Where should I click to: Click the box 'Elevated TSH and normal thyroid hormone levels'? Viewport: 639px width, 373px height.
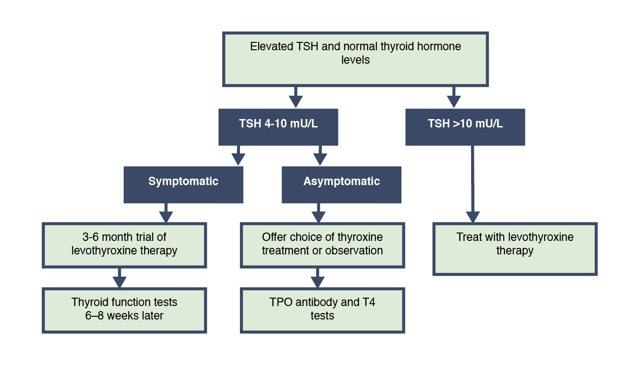(355, 59)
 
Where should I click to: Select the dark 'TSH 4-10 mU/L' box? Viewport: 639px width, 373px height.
(278, 127)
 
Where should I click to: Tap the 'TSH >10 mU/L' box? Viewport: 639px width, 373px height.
(465, 127)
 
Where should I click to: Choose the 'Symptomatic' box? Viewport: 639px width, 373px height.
(183, 185)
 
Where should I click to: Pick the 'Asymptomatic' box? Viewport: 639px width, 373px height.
(341, 185)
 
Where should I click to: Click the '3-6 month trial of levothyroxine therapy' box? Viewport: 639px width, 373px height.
(124, 245)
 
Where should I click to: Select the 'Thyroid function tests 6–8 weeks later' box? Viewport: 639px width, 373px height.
(124, 310)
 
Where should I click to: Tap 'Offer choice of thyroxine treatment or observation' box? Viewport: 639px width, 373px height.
(322, 245)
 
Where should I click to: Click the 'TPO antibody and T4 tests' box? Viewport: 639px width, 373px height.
(322, 310)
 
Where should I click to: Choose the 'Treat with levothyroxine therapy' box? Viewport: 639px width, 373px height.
(515, 249)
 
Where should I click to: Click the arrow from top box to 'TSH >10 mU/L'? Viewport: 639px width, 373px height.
(453, 97)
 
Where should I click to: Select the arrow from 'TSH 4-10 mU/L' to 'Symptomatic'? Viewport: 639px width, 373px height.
(238, 155)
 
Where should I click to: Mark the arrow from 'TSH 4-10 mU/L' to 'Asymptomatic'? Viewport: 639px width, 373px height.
(320, 155)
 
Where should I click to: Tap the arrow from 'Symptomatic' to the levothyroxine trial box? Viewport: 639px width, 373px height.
(166, 213)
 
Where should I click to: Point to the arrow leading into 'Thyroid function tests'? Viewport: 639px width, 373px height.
(120, 278)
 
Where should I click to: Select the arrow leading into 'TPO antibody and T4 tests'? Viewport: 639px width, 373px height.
(318, 278)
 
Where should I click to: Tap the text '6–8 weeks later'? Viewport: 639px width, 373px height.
(124, 316)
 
